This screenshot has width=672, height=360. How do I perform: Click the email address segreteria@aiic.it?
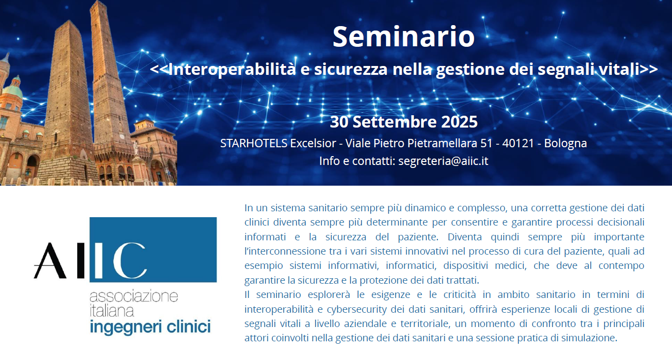[443, 161]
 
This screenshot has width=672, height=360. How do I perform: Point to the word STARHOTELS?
[254, 143]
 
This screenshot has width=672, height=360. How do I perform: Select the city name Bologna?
[566, 144]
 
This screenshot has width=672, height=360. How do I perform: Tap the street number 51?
[486, 143]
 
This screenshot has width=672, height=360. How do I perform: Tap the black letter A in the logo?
[50, 261]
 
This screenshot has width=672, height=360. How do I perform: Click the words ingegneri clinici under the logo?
[150, 327]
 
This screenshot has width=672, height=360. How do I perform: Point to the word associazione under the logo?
[134, 296]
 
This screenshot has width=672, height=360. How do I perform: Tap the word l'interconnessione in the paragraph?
[285, 251]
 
